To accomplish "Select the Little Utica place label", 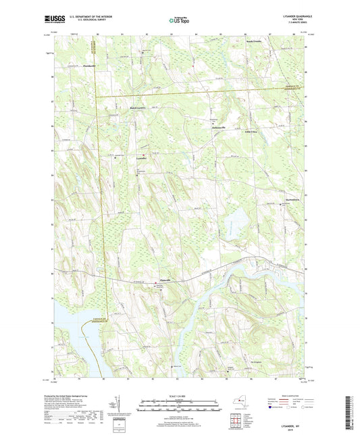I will pyautogui.click(x=251, y=132).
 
